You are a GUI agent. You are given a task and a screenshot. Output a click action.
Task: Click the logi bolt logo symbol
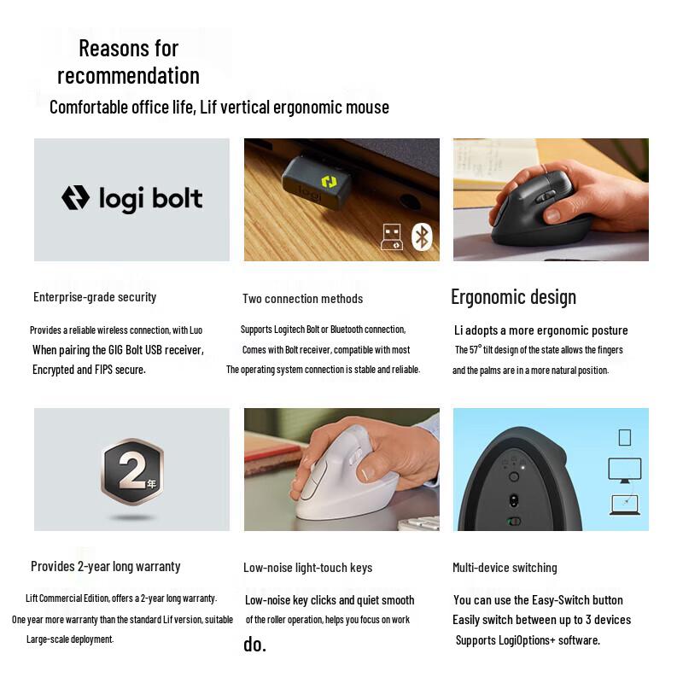click(75, 198)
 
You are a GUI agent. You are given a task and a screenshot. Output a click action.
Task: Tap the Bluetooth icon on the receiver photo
click(422, 236)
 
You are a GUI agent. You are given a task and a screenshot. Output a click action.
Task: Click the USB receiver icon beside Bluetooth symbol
click(391, 236)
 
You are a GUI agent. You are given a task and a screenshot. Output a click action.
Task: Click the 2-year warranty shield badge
click(131, 472)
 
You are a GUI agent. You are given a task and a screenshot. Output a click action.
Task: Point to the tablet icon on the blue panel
click(624, 437)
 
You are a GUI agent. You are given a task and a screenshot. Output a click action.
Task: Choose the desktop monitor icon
click(624, 469)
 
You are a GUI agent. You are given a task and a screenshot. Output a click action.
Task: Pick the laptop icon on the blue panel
click(624, 504)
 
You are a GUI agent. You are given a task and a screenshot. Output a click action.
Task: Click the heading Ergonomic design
click(513, 297)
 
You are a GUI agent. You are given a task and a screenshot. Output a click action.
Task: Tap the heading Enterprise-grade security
click(95, 297)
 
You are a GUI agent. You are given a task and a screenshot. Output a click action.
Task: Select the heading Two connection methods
click(302, 299)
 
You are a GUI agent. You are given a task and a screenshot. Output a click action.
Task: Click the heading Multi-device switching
click(505, 568)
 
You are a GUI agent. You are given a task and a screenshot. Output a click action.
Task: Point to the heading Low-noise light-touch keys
click(307, 568)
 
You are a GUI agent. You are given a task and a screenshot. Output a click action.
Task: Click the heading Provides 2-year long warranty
click(106, 566)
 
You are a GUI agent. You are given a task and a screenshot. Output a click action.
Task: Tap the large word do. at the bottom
click(254, 645)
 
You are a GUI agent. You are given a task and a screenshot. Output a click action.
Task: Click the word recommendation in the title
click(128, 75)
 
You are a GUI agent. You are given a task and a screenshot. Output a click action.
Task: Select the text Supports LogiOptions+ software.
click(528, 640)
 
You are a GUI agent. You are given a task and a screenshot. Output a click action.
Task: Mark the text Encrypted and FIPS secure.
click(89, 370)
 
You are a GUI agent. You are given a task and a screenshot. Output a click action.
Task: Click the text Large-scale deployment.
click(70, 639)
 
